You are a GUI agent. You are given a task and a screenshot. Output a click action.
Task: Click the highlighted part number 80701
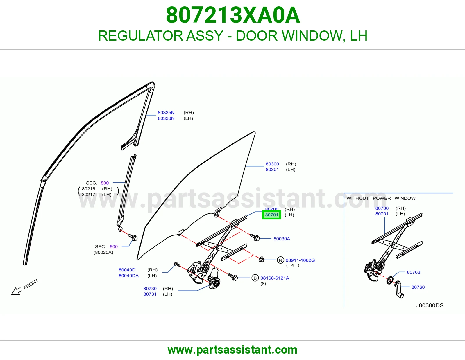tap(271, 215)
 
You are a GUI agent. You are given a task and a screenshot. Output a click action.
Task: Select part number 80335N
tap(166, 112)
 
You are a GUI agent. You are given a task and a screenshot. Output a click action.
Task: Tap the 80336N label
tap(166, 118)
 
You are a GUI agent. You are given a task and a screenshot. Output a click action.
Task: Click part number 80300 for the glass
tap(272, 164)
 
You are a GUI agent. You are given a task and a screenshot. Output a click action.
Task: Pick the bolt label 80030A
tap(282, 239)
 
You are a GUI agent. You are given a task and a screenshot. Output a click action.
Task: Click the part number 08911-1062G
tap(300, 260)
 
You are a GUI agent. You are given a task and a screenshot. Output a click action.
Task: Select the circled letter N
tap(280, 260)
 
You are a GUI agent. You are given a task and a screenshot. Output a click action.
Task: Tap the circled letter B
tap(255, 278)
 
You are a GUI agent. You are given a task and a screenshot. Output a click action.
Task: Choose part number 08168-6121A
tap(275, 278)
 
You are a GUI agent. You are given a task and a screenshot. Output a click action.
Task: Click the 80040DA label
tap(129, 276)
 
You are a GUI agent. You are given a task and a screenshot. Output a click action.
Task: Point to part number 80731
tap(150, 294)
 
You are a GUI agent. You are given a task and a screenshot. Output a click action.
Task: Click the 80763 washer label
tap(414, 272)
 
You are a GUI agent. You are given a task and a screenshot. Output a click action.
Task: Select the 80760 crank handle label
tap(418, 287)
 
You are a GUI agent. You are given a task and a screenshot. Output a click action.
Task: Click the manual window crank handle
tap(398, 289)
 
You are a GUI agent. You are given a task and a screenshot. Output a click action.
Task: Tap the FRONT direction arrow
tap(17, 291)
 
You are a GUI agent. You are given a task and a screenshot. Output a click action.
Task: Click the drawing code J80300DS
tap(430, 305)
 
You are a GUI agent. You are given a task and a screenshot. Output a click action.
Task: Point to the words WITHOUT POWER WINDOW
tap(381, 198)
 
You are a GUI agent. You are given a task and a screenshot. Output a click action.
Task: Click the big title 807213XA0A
tap(233, 15)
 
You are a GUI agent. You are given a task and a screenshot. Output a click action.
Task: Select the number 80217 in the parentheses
tap(88, 194)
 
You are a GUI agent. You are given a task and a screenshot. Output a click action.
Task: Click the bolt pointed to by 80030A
tap(255, 237)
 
